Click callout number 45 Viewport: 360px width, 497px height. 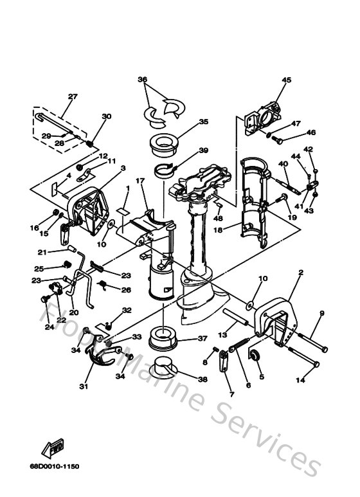pyautogui.click(x=286, y=80)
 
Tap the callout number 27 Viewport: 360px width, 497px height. pyautogui.click(x=72, y=96)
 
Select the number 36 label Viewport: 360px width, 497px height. pyautogui.click(x=142, y=80)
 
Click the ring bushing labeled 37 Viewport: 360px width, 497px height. pyautogui.click(x=163, y=337)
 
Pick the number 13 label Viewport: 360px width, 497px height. pyautogui.click(x=222, y=334)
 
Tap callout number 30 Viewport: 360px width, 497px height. pyautogui.click(x=106, y=116)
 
